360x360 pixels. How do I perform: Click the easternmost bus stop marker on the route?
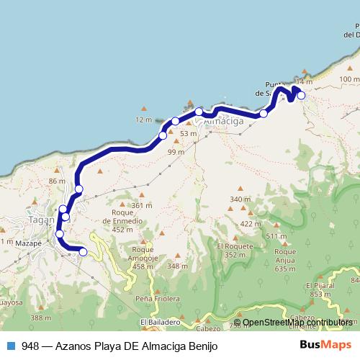(301, 95)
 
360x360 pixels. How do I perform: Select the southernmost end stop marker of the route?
(83, 251)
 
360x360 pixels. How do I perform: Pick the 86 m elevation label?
(57, 181)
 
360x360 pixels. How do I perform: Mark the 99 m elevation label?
(176, 151)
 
